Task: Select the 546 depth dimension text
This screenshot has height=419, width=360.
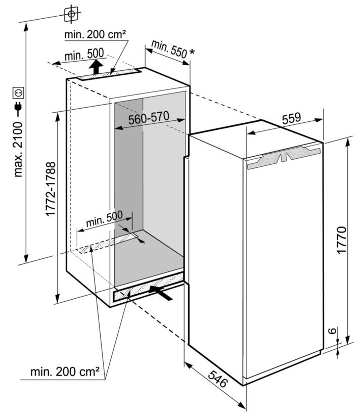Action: click(218, 377)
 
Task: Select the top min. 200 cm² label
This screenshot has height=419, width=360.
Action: click(95, 34)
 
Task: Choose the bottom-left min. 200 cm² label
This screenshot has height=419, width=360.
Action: click(64, 374)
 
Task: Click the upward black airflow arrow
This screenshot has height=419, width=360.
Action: click(95, 66)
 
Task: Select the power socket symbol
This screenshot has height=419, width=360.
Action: click(19, 92)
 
